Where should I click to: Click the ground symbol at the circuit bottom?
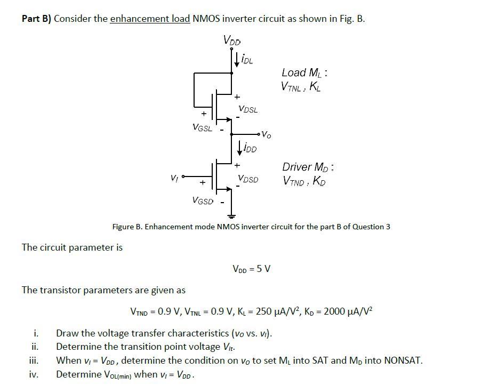click(x=231, y=216)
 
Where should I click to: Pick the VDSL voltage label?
click(x=248, y=109)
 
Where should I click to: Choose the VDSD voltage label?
click(x=248, y=179)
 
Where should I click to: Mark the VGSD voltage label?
click(x=202, y=201)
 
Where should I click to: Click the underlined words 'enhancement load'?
click(x=150, y=19)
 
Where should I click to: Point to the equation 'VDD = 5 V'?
click(x=251, y=269)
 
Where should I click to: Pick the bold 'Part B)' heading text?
click(x=36, y=19)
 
